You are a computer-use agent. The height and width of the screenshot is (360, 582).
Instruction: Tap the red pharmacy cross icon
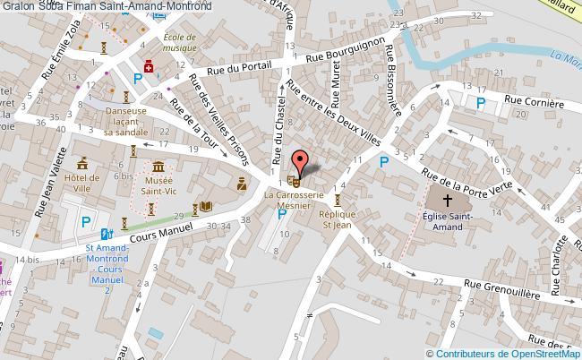tap(150, 66)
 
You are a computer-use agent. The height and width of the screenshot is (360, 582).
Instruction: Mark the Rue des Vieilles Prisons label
tap(217, 116)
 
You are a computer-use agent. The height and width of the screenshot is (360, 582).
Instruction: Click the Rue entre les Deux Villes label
tap(333, 115)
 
